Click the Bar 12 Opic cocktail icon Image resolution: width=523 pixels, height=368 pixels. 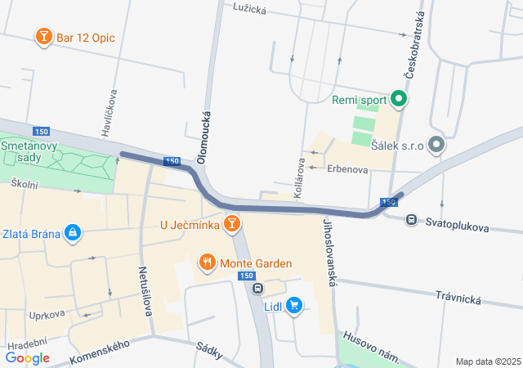pyautogui.click(x=42, y=37)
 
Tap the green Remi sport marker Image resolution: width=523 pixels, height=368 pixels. pyautogui.click(x=399, y=101)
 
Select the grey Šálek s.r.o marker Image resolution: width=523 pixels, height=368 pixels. pyautogui.click(x=436, y=146)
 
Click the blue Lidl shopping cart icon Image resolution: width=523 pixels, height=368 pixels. pyautogui.click(x=294, y=307)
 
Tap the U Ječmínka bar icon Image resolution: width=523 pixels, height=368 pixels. pyautogui.click(x=232, y=222)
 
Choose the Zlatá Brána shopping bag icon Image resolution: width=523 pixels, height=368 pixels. pyautogui.click(x=73, y=234)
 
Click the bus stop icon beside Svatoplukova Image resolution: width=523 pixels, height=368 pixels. pyautogui.click(x=411, y=219)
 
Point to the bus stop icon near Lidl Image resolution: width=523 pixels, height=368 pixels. pyautogui.click(x=258, y=288)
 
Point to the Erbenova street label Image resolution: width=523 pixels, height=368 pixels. pyautogui.click(x=348, y=168)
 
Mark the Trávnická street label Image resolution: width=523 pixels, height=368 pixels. pyautogui.click(x=458, y=298)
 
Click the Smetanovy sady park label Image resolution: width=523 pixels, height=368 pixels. pyautogui.click(x=27, y=151)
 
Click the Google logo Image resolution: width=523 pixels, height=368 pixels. pyautogui.click(x=27, y=357)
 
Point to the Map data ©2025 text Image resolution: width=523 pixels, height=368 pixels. pyautogui.click(x=488, y=361)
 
